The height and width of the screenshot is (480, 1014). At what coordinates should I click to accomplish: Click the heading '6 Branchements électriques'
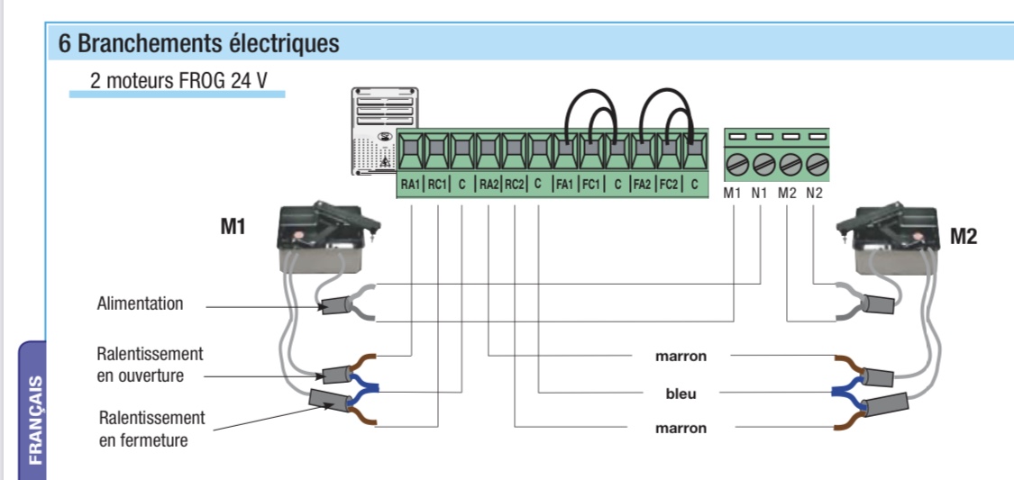click(198, 43)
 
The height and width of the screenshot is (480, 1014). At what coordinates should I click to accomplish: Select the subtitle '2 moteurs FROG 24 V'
click(178, 79)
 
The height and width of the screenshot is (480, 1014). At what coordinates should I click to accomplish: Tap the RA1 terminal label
click(410, 185)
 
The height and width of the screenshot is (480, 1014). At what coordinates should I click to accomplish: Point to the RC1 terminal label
click(436, 185)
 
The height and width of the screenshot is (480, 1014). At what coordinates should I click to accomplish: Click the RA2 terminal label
click(488, 185)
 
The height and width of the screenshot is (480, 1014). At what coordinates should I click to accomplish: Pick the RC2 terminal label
click(514, 185)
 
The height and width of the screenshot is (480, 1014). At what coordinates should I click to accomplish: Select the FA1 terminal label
click(565, 185)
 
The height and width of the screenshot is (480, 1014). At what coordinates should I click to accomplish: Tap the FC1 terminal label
click(591, 185)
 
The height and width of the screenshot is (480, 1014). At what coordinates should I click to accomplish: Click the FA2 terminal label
click(643, 185)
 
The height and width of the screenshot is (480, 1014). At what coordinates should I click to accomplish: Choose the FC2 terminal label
click(669, 185)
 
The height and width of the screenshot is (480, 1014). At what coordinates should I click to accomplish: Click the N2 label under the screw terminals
click(815, 192)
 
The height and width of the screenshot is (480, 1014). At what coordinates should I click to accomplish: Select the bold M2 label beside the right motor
click(964, 237)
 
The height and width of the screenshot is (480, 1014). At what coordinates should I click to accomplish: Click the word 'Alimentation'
click(140, 303)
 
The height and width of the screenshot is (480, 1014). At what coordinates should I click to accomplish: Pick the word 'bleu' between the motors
click(681, 394)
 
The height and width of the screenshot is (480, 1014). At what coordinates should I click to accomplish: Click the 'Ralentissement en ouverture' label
click(150, 365)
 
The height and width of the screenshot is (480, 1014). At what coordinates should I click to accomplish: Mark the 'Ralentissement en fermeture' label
click(151, 429)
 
